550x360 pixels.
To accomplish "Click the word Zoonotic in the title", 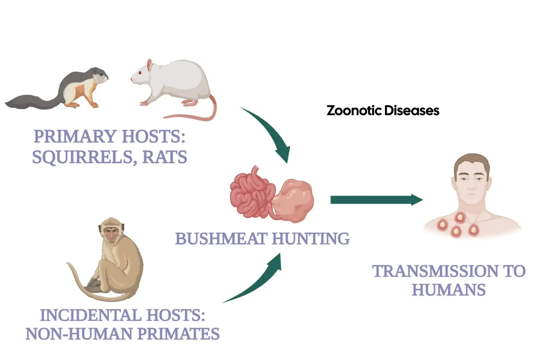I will [353, 111].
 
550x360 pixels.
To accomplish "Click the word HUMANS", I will [449, 290].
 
